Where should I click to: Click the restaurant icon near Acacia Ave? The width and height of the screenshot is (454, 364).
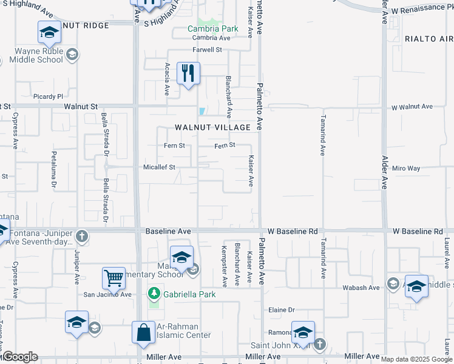point(188,73)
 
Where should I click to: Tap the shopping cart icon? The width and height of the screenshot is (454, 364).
point(113,278)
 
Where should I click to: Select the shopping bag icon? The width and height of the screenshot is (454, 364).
point(144,332)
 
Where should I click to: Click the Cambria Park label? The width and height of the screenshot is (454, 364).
point(212,29)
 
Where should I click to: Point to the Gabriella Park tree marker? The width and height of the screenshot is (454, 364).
point(154,294)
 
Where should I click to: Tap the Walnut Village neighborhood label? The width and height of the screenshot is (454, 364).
point(213,127)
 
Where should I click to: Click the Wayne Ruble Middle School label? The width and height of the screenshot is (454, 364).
point(39,55)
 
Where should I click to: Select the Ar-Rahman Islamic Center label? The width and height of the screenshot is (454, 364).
point(184,330)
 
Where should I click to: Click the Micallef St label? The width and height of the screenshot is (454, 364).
point(159,167)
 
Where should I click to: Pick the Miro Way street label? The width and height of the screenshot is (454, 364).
point(406,168)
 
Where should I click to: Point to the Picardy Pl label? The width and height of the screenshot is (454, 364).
point(49,96)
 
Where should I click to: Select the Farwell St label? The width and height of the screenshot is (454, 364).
point(208,50)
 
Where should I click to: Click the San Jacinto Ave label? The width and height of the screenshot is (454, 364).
point(107,295)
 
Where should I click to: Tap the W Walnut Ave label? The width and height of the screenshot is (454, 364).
point(412,107)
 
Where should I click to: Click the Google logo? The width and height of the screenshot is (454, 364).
point(19,357)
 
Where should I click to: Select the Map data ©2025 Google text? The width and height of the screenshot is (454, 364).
point(416,359)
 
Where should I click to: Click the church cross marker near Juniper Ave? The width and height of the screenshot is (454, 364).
point(82,236)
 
